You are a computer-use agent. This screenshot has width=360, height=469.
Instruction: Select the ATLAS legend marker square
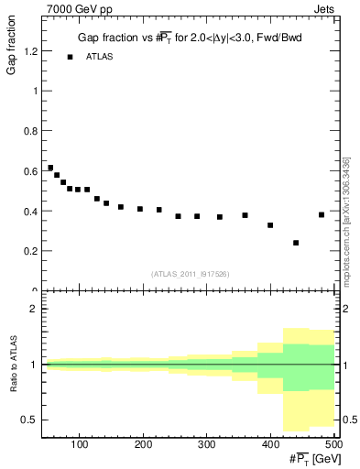click(70, 57)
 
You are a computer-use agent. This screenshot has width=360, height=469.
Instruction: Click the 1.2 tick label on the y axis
click(29, 52)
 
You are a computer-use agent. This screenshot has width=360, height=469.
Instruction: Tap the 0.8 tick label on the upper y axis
click(29, 132)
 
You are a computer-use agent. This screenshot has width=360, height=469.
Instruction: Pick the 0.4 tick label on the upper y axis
click(29, 212)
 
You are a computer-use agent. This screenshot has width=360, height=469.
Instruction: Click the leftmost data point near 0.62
click(50, 168)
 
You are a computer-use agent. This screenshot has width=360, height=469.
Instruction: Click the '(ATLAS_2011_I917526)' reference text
click(189, 273)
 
